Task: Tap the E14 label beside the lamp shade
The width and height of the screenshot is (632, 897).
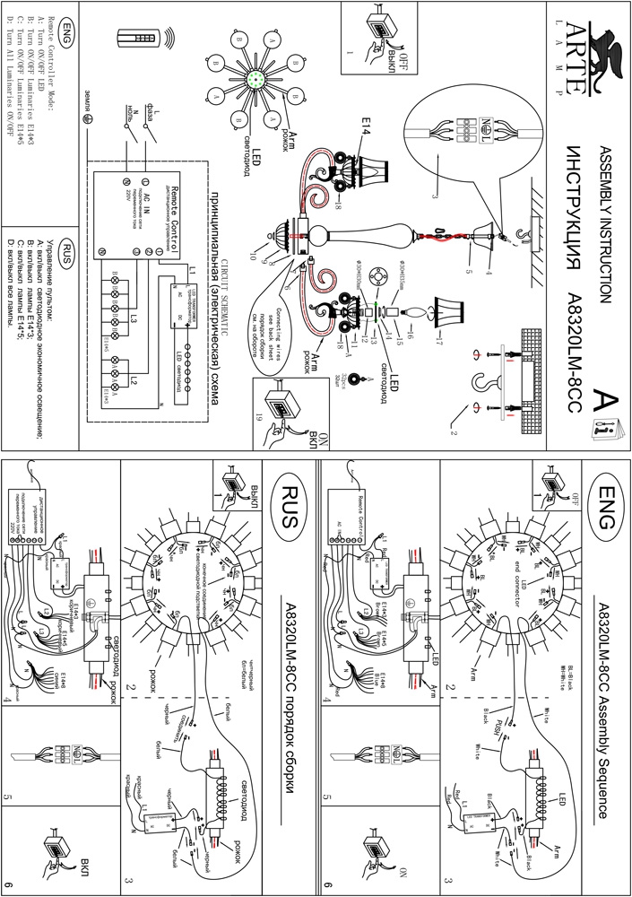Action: point(366,141)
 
